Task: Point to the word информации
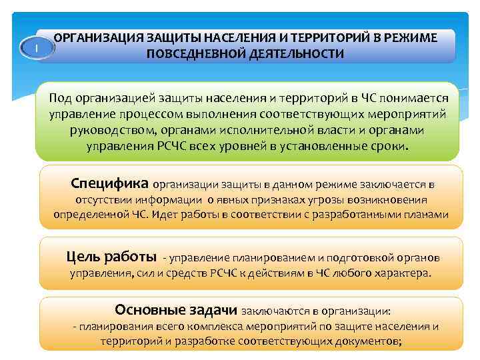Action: [169, 199]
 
